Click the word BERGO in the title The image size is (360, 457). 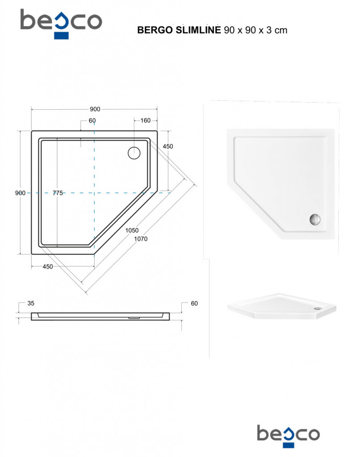[155, 30]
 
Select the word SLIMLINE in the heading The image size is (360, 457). [198, 30]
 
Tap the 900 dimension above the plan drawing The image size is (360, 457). [95, 109]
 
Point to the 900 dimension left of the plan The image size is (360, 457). [20, 193]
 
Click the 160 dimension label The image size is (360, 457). [145, 120]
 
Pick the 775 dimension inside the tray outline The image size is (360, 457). [58, 193]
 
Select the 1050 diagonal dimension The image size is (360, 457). [132, 230]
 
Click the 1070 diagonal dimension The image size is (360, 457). [141, 239]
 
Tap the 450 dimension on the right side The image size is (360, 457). [168, 146]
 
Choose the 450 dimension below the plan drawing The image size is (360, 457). [48, 266]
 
